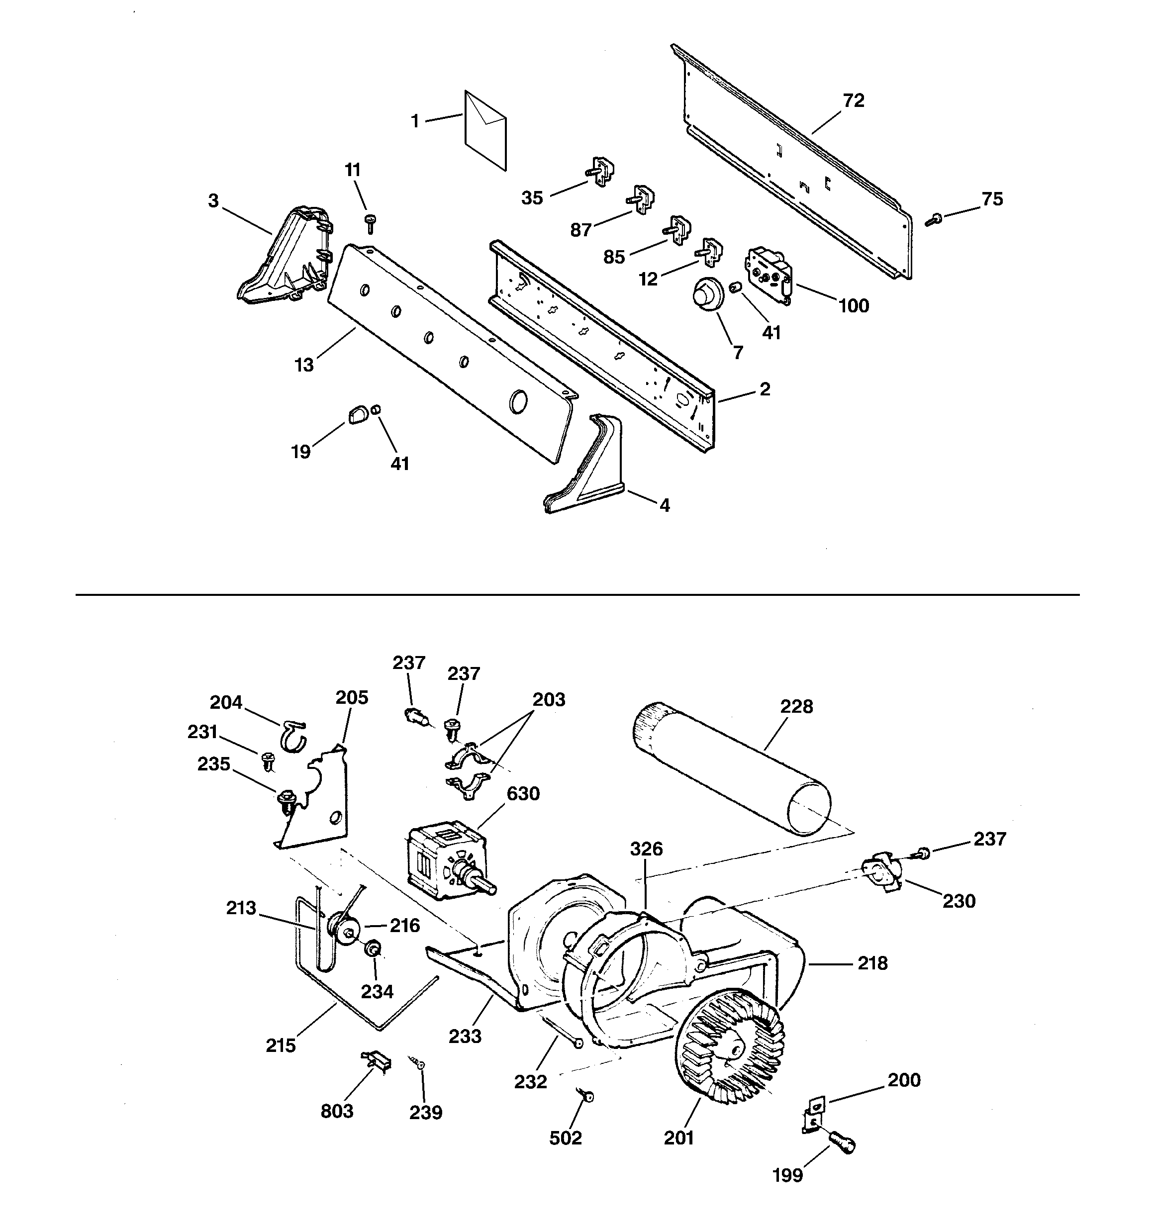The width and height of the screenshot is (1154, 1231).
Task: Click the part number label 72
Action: coord(853,100)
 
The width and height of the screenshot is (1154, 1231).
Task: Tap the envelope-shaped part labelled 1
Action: coord(485,130)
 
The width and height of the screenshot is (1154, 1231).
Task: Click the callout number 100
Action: coord(853,305)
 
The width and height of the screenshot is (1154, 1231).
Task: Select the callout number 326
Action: coord(647,849)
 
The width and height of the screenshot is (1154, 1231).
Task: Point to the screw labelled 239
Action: coord(416,1061)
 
